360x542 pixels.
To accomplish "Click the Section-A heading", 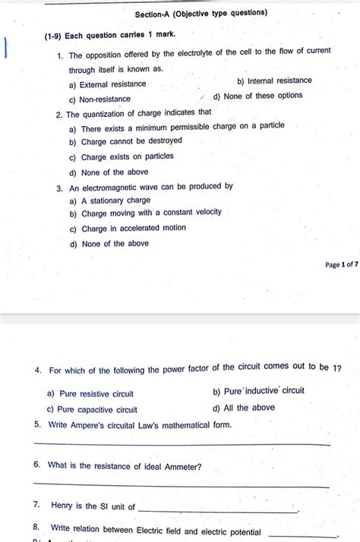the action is (x=201, y=13).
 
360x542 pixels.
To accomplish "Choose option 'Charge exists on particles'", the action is (x=127, y=156).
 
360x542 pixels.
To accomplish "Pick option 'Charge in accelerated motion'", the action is (x=133, y=228).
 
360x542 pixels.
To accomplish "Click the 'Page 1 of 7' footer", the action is (x=341, y=264).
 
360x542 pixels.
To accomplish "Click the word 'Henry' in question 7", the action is (x=62, y=506).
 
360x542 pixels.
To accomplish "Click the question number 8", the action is (x=36, y=527).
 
